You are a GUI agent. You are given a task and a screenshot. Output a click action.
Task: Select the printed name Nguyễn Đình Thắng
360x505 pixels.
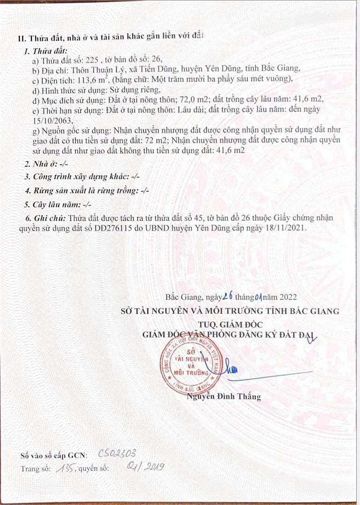(224, 397)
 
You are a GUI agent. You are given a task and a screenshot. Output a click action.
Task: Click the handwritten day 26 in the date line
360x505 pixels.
(228, 296)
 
